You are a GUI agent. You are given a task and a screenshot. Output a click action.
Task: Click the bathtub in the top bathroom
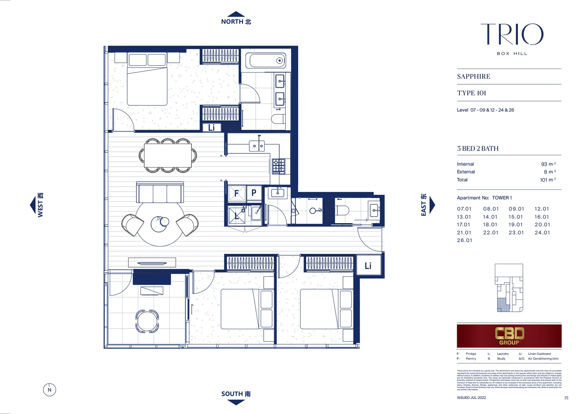[x=266, y=61]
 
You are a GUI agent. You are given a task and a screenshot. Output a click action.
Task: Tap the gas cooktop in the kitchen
[x=279, y=166]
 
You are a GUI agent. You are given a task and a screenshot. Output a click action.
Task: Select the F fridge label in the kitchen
[x=236, y=194]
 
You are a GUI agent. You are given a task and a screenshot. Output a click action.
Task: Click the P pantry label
[x=254, y=193]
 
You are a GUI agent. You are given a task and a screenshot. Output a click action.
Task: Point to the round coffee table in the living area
[x=160, y=224]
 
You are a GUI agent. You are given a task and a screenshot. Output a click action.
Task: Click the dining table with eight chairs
[x=168, y=155]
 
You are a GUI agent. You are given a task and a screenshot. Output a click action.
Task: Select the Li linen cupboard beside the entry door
[x=368, y=266]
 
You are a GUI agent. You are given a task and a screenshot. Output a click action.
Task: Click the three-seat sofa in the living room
[x=160, y=193]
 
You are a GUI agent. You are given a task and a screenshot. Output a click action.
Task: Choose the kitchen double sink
[x=256, y=146]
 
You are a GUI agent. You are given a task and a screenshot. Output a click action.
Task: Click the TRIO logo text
[x=512, y=34]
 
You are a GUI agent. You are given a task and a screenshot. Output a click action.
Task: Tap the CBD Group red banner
[x=509, y=336]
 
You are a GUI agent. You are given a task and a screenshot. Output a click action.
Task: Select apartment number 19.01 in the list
[x=515, y=225]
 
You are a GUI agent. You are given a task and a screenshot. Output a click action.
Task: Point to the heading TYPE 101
[x=471, y=93]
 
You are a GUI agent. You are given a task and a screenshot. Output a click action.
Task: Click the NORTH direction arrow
[x=236, y=14]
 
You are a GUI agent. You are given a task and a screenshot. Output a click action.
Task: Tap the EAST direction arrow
[x=432, y=205]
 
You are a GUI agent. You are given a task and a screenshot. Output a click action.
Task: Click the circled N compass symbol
[x=49, y=390]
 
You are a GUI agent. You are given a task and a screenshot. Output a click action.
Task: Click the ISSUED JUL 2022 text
[x=471, y=398]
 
